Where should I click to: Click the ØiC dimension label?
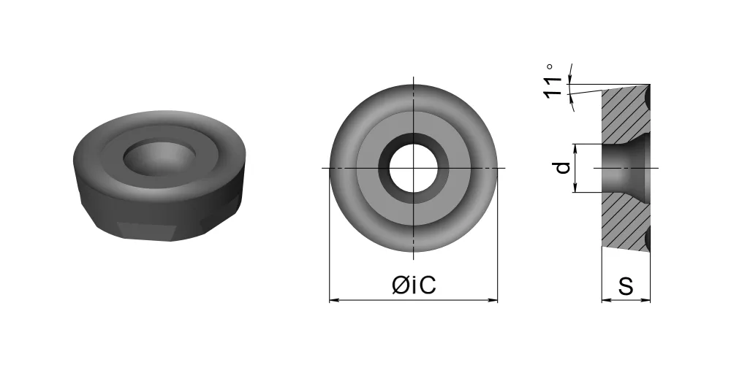coord(414,285)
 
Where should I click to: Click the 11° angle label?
coord(553,81)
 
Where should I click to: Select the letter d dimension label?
coord(563,168)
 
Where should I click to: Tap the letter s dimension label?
coord(626,286)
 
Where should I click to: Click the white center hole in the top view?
coord(414,168)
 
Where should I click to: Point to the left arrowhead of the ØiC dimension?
coord(334,300)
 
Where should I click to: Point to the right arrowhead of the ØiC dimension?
coord(493,300)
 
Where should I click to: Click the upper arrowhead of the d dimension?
coord(575,148)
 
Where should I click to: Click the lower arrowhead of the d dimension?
coord(575,187)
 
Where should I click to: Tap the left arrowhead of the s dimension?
coord(606,300)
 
